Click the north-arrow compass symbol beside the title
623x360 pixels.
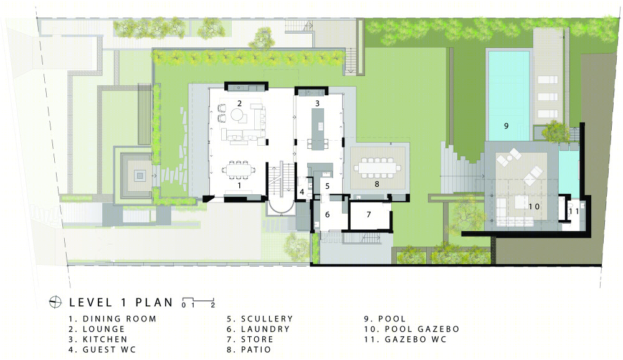55,302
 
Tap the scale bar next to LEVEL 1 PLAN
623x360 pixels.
198,302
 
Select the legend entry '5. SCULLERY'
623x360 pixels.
260,319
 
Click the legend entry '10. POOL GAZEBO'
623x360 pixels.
412,329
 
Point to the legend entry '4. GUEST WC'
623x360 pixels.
103,349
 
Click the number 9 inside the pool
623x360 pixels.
506,126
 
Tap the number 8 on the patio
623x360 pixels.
377,184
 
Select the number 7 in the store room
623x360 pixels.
369,215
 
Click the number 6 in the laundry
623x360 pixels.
327,215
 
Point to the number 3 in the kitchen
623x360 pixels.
317,104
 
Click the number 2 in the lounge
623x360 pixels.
240,104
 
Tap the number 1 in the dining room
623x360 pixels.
239,186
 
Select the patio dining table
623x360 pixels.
378,168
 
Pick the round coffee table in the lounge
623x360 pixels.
238,116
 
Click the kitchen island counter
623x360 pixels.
317,129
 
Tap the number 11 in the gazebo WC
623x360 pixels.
574,211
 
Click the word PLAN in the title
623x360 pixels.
154,302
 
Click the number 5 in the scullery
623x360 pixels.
328,186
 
